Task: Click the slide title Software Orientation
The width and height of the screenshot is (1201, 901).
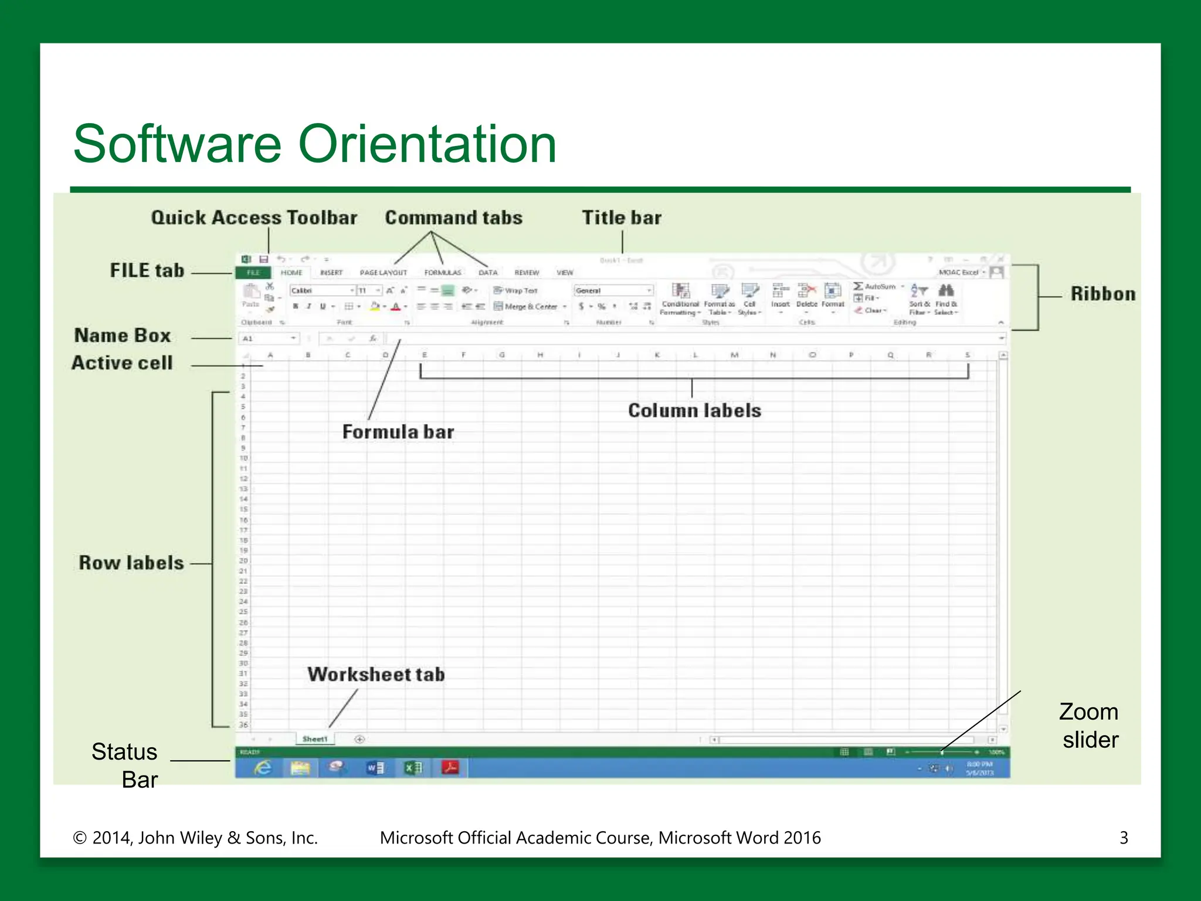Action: tap(315, 144)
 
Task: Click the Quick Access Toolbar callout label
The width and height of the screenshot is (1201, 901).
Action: tap(254, 218)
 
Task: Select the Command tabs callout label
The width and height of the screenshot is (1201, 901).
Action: tap(453, 218)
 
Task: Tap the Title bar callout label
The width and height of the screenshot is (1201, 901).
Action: tap(621, 218)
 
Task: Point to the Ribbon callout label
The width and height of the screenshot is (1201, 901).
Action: tap(1102, 294)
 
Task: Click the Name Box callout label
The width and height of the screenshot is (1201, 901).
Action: tap(123, 336)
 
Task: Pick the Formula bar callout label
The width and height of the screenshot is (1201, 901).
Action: tap(398, 432)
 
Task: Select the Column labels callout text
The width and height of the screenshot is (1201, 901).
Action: tap(694, 411)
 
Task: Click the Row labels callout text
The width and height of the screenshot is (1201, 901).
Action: tap(131, 563)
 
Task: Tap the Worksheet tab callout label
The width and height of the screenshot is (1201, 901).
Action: tap(376, 675)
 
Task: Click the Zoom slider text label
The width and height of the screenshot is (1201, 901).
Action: tap(1089, 726)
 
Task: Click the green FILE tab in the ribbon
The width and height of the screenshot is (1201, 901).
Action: tap(253, 273)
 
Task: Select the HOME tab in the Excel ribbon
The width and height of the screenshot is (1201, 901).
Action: tap(291, 273)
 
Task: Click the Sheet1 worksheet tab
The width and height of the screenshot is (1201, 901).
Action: tap(315, 739)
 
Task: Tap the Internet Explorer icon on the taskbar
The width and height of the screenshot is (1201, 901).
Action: tap(263, 767)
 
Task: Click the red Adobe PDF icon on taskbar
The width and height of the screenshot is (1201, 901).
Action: tap(450, 767)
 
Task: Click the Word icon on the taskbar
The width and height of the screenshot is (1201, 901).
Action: tap(375, 767)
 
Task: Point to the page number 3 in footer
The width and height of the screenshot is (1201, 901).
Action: tap(1124, 838)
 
